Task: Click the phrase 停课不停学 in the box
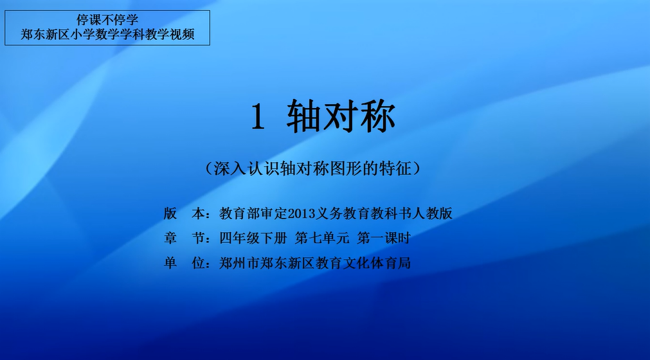pyautogui.click(x=107, y=20)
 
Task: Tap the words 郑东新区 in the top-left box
pyautogui.click(x=45, y=34)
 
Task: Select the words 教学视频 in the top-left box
pyautogui.click(x=170, y=34)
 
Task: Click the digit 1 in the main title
pyautogui.click(x=258, y=117)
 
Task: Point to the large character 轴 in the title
pyautogui.click(x=304, y=116)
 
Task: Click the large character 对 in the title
pyautogui.click(x=341, y=116)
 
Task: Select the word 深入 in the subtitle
pyautogui.click(x=230, y=168)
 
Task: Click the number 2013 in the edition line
pyautogui.click(x=302, y=214)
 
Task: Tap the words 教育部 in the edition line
pyautogui.click(x=240, y=214)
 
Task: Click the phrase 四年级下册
pyautogui.click(x=253, y=239)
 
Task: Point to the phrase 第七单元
pyautogui.click(x=322, y=239)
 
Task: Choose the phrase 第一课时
pyautogui.click(x=384, y=239)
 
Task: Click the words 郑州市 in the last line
pyautogui.click(x=240, y=263)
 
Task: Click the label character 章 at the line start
pyautogui.click(x=170, y=239)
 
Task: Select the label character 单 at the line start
pyautogui.click(x=170, y=263)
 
